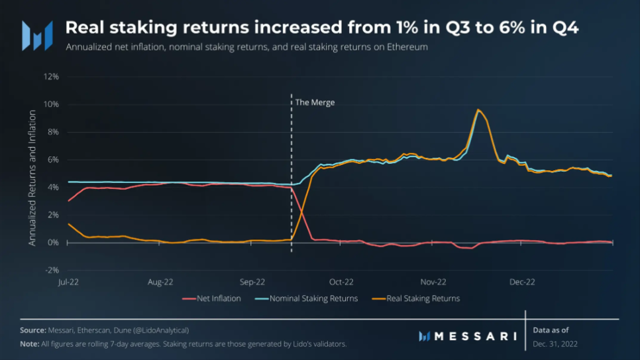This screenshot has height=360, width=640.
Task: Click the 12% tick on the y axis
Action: [x=51, y=76]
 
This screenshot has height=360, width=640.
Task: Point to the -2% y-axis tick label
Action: [x=51, y=270]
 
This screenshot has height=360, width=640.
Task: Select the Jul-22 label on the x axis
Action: [x=69, y=282]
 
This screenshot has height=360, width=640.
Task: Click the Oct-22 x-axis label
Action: [x=343, y=282]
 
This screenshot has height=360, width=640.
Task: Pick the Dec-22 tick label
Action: [x=522, y=282]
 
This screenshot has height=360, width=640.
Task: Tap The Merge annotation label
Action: [x=315, y=103]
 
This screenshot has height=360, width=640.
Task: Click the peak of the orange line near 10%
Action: [x=478, y=110]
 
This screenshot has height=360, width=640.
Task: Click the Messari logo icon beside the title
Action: [x=37, y=35]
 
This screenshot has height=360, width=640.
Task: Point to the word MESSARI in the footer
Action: [x=474, y=336]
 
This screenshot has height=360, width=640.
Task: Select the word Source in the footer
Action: [x=32, y=330]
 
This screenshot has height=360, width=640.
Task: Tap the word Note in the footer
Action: [x=29, y=343]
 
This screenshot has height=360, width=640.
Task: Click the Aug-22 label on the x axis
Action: [x=160, y=282]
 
